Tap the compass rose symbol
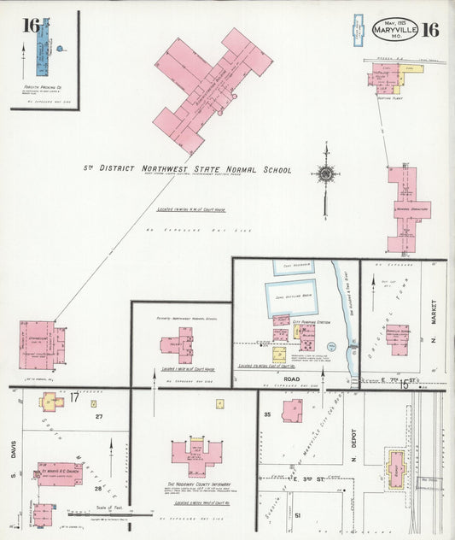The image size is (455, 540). click(325, 173)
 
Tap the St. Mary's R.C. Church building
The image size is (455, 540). click(58, 474)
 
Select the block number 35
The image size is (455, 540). click(267, 414)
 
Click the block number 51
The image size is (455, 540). click(297, 516)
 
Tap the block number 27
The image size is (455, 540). click(99, 416)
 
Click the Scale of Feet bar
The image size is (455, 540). click(109, 514)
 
